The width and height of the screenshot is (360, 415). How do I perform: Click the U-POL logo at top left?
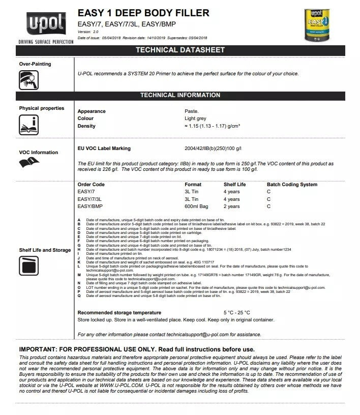click(45, 23)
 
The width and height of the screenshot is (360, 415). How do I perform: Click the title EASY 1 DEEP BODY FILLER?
click(143, 13)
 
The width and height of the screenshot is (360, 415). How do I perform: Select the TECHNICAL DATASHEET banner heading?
click(180, 50)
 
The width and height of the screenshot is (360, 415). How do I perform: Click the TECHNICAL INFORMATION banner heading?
click(180, 95)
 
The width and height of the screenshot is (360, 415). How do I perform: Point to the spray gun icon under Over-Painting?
click(28, 79)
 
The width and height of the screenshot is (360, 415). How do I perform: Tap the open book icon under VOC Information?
click(29, 163)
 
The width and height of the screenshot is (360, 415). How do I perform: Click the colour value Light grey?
click(195, 118)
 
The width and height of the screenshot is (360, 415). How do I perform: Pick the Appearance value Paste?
click(192, 111)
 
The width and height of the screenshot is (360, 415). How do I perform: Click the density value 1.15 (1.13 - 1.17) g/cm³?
click(212, 126)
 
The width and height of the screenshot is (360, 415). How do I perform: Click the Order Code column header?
click(91, 185)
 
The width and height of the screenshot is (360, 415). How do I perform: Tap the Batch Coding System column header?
click(292, 185)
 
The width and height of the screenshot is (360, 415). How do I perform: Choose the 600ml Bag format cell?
click(196, 206)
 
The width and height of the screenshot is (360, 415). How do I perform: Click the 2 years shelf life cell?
click(231, 206)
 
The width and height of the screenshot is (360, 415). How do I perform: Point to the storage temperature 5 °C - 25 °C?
click(237, 313)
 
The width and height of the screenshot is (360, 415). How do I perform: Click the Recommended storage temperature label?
click(119, 313)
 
